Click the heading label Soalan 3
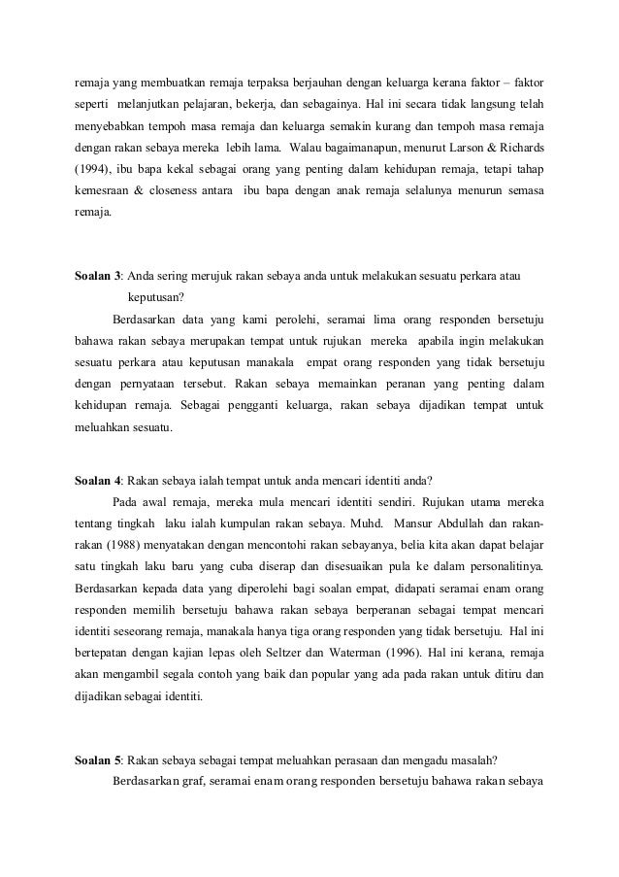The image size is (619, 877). (98, 275)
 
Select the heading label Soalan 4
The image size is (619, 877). (98, 479)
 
